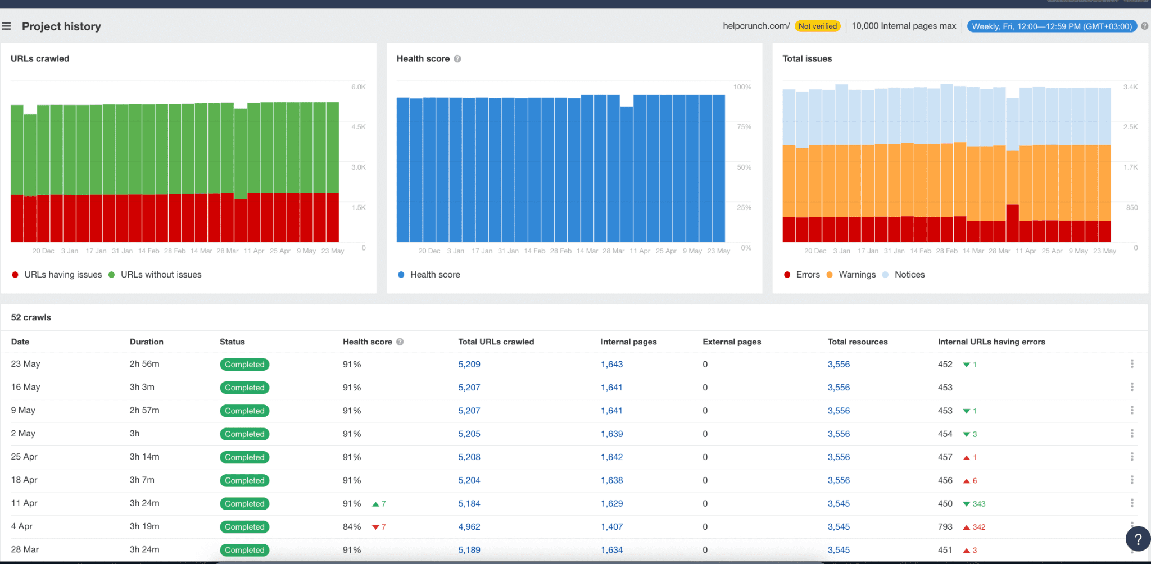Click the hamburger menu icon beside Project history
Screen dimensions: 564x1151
tap(6, 26)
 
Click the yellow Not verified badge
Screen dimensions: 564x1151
tap(817, 26)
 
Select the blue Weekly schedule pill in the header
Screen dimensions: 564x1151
tap(1052, 26)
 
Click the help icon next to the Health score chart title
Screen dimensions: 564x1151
tap(457, 58)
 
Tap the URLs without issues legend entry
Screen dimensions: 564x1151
tap(160, 275)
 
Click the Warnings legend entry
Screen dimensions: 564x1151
tap(857, 275)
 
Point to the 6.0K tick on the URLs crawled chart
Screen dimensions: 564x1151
tap(358, 87)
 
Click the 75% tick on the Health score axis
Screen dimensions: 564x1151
tap(744, 127)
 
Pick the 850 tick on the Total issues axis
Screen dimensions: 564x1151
tap(1131, 208)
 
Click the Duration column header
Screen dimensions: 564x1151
tap(146, 342)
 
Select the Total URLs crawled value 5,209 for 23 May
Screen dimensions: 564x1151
tap(469, 365)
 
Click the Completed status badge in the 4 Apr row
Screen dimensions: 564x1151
tap(244, 527)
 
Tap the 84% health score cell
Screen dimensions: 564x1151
tap(352, 527)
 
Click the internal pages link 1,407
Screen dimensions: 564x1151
tap(611, 527)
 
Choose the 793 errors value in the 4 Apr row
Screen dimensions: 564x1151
tap(945, 527)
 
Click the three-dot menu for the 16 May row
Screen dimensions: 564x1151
tap(1132, 387)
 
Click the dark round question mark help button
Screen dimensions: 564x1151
tap(1138, 539)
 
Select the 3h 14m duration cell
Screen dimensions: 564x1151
tap(144, 457)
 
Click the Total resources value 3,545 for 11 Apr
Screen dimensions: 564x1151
tap(839, 504)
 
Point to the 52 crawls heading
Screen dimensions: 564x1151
tap(31, 317)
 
